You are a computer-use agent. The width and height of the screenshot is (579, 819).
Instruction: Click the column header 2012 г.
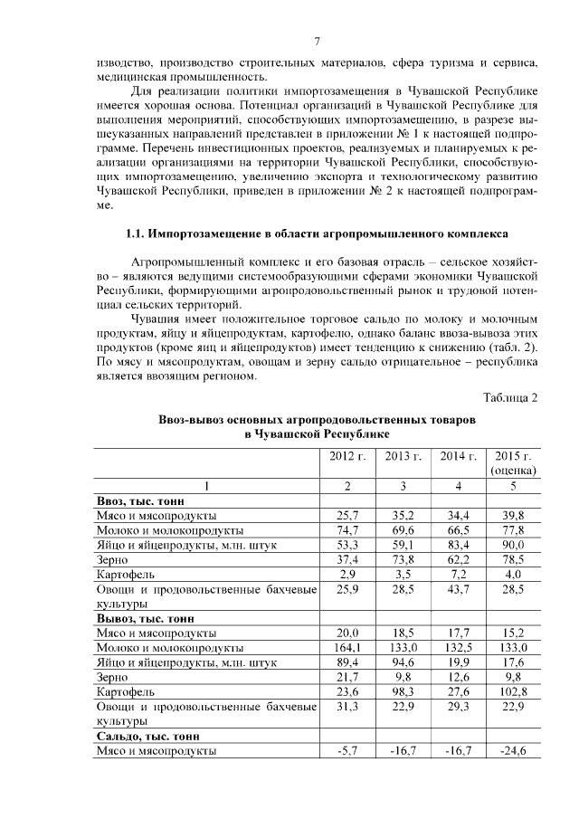348,455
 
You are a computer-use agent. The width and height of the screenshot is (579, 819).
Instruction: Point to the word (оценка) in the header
513,470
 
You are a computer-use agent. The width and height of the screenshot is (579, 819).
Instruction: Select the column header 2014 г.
459,455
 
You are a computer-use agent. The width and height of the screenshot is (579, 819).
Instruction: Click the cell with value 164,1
348,648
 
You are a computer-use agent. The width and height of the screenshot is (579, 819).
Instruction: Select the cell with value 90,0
513,545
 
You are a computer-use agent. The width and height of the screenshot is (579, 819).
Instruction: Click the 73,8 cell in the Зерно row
403,559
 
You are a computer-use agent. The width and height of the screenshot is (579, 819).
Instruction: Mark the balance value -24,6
513,751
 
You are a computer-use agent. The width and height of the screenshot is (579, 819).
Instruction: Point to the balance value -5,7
348,751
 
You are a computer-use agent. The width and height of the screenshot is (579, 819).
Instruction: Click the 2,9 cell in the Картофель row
348,574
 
